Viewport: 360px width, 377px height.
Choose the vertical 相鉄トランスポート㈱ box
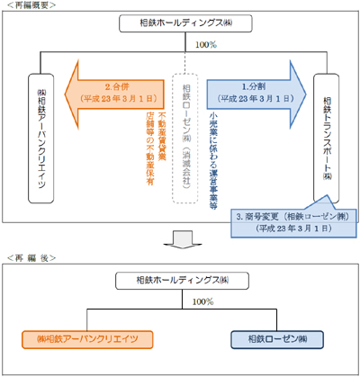click(x=325, y=126)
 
